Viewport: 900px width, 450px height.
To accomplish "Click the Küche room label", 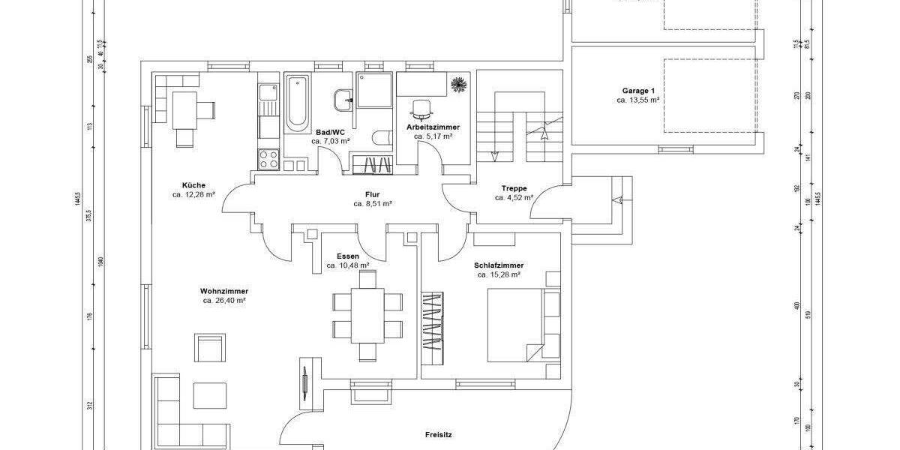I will point(193,185).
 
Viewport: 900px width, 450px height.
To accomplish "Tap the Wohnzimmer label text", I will point(224,291).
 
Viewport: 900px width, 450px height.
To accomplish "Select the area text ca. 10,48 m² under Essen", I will point(348,265).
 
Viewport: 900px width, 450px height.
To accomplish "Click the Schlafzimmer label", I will point(499,265).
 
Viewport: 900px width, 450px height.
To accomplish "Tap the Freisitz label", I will point(438,433).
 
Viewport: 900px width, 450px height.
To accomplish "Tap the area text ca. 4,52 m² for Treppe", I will point(514,198).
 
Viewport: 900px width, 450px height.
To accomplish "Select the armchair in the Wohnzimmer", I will point(210,349).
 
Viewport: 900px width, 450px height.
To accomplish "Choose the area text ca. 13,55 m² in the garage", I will point(637,100).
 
